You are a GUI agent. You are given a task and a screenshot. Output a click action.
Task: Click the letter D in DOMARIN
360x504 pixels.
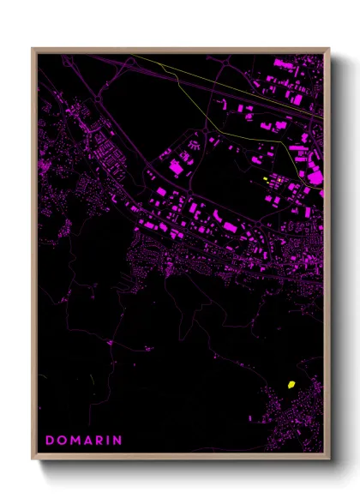click(50, 441)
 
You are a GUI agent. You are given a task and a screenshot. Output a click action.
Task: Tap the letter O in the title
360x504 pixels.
click(63, 441)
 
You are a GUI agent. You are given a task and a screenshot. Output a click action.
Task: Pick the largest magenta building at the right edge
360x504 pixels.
click(315, 177)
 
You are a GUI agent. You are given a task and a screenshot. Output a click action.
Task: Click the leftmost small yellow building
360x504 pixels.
click(266, 178)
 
